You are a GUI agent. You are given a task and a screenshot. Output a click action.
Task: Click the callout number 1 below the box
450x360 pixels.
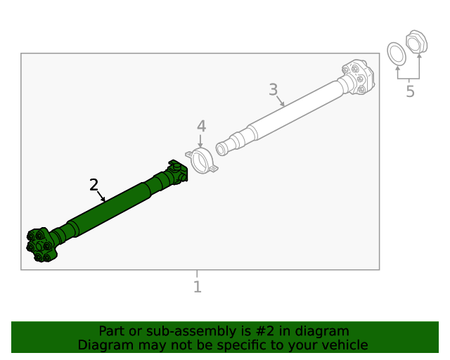pos(197,287)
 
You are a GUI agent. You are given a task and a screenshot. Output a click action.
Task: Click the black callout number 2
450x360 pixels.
pos(94,185)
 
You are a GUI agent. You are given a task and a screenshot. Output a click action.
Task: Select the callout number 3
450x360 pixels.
pos(273,90)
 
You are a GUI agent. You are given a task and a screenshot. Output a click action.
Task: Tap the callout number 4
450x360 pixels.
pos(201,127)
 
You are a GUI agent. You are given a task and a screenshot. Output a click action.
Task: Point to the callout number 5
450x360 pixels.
pos(410,92)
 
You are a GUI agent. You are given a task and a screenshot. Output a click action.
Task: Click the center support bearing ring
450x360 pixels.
pos(201,161)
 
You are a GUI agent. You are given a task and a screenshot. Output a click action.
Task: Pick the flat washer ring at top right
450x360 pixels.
pos(397,53)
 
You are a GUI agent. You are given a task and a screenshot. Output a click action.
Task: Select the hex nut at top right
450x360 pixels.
pos(416,42)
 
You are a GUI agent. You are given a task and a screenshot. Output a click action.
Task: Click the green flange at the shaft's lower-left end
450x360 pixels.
pos(41,245)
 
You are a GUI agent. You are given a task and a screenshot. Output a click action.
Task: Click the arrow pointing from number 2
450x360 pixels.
pos(101,196)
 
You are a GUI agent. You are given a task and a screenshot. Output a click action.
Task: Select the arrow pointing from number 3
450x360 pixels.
pos(280,101)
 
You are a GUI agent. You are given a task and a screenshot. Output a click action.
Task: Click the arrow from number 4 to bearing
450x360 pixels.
pos(201,141)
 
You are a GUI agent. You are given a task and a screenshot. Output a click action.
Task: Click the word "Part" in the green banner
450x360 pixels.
pos(111,331)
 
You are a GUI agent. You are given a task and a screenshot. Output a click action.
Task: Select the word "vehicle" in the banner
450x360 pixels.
pos(344,345)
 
